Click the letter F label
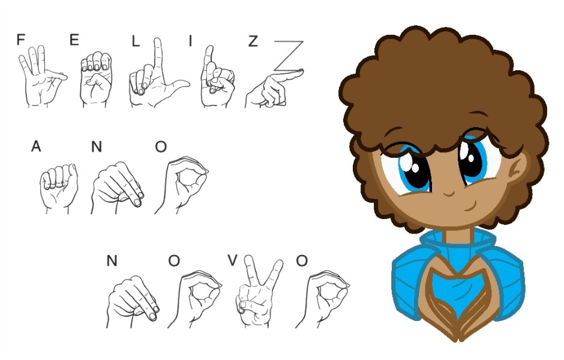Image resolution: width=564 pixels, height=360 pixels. coord(21,40)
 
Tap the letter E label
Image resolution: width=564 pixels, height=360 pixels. coord(74,40)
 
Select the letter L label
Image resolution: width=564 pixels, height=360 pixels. coord(135,42)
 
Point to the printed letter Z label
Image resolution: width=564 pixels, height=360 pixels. coord(253,41)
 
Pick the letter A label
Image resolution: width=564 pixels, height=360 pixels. coord(36,146)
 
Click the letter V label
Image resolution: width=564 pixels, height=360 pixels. coord(232,260)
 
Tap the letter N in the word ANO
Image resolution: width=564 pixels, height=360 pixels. coord(97,147)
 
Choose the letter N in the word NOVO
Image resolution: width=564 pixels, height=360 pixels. coord(112,260)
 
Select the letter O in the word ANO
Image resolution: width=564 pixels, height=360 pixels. coord(161,147)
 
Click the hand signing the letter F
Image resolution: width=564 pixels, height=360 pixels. coord(43,76)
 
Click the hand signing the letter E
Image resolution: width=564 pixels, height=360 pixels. coord(95,79)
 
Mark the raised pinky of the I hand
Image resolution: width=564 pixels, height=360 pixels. coord(208,58)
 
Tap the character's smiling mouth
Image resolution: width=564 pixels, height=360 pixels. coord(470,206)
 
